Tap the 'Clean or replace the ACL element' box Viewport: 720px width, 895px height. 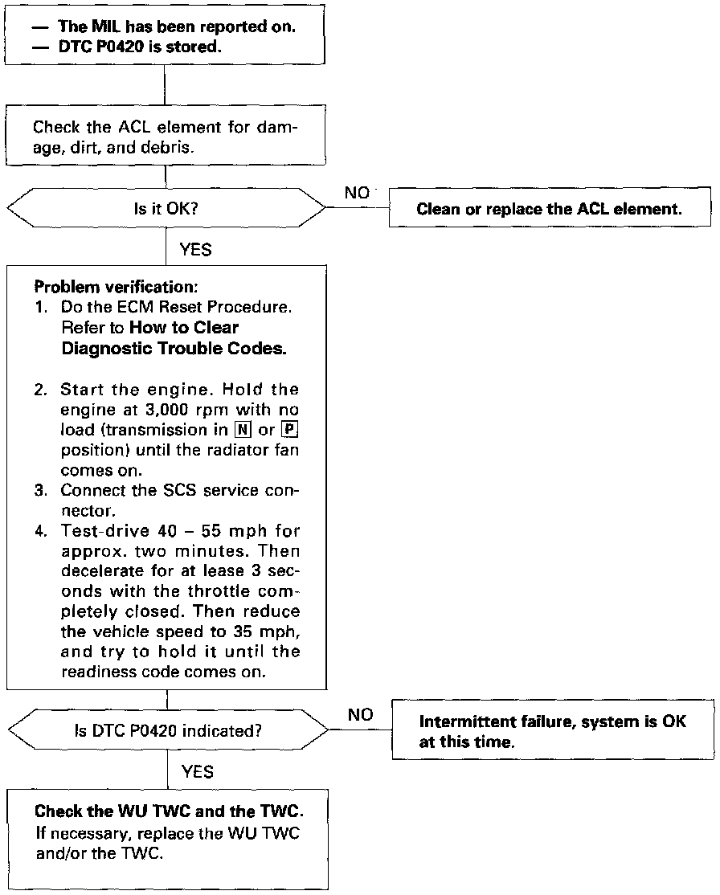click(549, 210)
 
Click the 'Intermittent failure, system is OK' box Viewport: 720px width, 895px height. click(552, 731)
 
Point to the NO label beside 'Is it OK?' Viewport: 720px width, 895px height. click(357, 193)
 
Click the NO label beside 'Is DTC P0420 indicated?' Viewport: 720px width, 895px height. click(361, 714)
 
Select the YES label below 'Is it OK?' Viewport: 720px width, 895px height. click(196, 249)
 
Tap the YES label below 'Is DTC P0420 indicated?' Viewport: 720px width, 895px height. click(198, 771)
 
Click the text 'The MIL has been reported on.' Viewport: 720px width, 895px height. click(177, 27)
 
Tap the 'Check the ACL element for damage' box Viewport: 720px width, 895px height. click(166, 136)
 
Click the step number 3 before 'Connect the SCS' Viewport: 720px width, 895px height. click(40, 490)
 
